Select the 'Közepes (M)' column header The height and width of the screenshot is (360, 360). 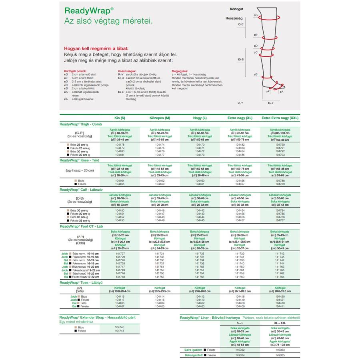click(159, 118)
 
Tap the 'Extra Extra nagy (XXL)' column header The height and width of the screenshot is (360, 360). click(280, 118)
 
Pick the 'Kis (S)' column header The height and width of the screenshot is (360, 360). click(120, 118)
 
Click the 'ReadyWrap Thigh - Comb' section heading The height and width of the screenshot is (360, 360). click(81, 124)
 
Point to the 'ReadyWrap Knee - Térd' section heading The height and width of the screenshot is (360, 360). click(80, 160)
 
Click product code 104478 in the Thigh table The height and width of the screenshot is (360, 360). click(120, 144)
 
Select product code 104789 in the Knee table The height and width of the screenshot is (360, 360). click(280, 184)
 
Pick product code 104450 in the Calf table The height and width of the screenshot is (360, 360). click(120, 210)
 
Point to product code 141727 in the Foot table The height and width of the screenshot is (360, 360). click(120, 254)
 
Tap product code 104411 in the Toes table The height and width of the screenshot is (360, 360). click(280, 306)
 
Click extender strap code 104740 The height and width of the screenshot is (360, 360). click(120, 327)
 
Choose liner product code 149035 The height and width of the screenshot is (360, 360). click(280, 355)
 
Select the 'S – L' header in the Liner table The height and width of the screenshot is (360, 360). click(240, 322)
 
